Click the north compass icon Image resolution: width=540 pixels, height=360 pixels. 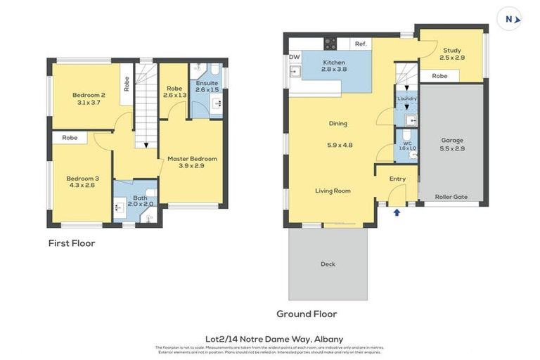tap(510, 19)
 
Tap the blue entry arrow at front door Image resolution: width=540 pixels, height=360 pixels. tap(397, 212)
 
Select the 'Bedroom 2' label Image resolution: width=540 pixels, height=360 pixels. tap(89, 95)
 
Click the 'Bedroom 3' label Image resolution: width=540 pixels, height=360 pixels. tap(82, 179)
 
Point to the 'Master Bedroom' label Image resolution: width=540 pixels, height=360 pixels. tap(192, 159)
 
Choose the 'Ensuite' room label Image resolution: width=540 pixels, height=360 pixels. tap(207, 83)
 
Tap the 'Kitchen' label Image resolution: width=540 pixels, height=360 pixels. tap(334, 63)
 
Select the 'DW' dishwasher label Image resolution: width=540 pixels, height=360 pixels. tap(294, 57)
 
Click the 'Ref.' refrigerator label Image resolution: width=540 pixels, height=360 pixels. tap(361, 44)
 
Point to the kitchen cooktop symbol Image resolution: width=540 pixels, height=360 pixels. tap(330, 44)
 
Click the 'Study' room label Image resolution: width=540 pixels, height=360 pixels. tap(451, 50)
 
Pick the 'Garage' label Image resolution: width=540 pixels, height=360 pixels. tap(452, 140)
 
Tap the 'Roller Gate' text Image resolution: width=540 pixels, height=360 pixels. tap(451, 197)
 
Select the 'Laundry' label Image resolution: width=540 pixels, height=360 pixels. tap(406, 98)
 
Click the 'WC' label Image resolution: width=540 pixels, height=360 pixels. tap(407, 142)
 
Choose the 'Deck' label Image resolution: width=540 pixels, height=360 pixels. tap(328, 264)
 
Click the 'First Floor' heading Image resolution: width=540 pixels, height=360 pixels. tap(72, 243)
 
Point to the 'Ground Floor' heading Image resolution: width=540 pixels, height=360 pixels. tap(307, 314)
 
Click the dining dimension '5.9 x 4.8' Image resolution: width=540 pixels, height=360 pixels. tap(339, 146)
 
